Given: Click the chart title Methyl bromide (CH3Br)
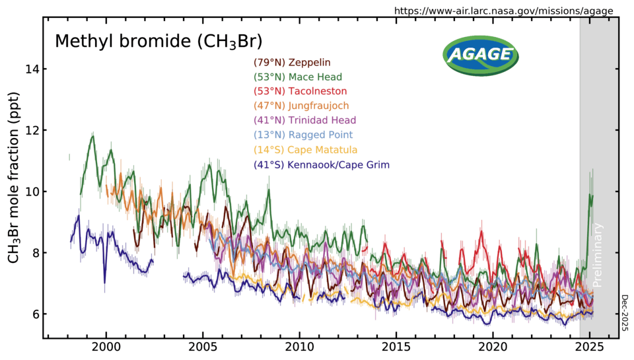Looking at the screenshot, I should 158,42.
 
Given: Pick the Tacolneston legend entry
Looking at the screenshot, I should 300,90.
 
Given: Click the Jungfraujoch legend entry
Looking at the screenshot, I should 301,105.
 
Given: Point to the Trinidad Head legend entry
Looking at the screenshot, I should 304,120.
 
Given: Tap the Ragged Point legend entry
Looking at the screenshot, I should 303,135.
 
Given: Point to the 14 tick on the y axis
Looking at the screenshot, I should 30,69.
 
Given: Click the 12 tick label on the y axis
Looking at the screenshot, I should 30,131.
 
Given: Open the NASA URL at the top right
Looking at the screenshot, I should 503,11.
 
